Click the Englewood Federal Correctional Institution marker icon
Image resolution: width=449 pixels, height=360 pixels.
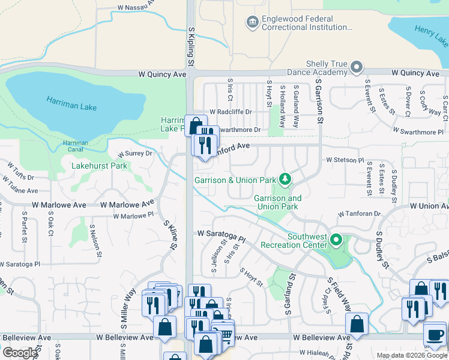coord(252,22)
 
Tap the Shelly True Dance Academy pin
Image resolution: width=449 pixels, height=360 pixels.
coord(357,67)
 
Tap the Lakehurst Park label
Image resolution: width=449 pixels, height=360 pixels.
coord(99,166)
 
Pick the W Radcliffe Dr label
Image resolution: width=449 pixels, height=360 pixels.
coord(231,112)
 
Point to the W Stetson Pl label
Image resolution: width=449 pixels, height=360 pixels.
coord(345,160)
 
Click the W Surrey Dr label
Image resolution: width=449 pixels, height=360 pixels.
coord(135,154)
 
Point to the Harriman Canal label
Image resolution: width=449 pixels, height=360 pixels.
coord(76,146)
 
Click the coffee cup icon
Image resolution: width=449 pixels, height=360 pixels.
coord(435,334)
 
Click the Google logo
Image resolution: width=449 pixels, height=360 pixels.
coord(20,353)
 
